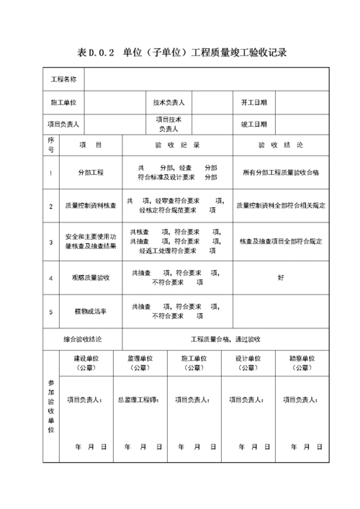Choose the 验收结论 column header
(280, 145)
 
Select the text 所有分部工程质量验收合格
(280, 173)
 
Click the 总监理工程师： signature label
(140, 398)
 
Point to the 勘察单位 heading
(302, 358)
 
